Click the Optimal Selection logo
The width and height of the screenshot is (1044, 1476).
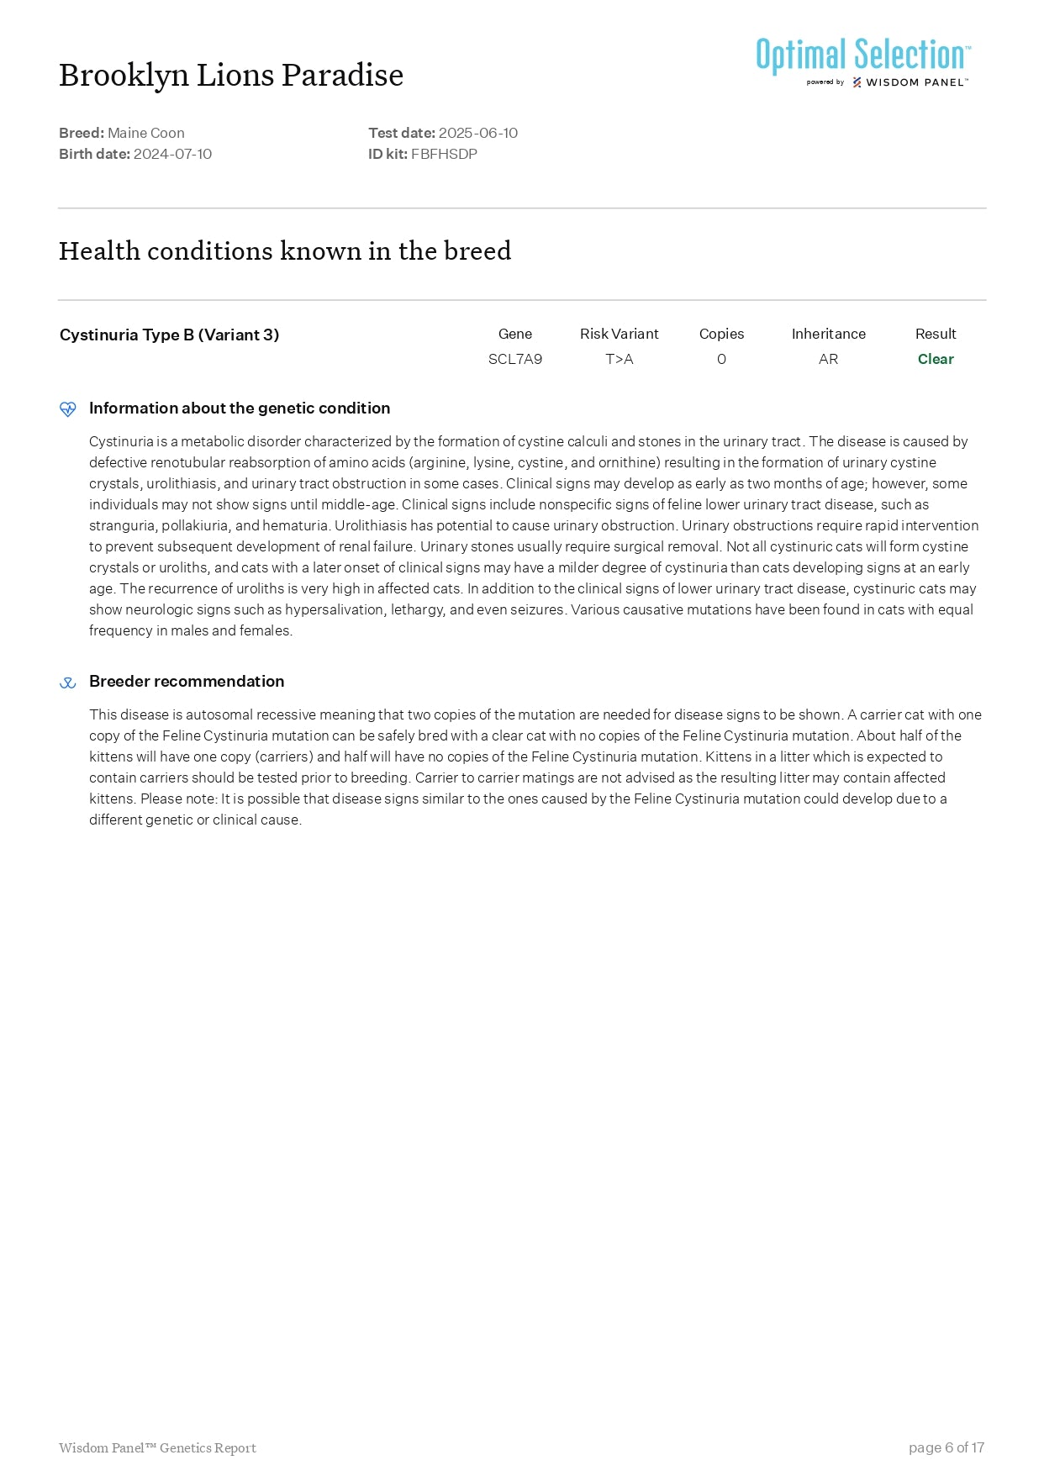coord(862,61)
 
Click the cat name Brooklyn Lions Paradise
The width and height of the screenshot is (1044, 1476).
coord(231,76)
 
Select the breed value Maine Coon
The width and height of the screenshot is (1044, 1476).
coord(146,133)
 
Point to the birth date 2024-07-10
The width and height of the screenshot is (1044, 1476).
coord(172,154)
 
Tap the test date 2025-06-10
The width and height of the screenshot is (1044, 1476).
coord(477,133)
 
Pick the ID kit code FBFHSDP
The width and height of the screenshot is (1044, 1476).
coord(444,154)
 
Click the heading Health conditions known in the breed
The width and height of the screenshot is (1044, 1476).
coord(285,251)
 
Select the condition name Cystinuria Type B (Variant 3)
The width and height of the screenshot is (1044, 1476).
coord(169,335)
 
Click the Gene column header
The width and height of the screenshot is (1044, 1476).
coord(515,334)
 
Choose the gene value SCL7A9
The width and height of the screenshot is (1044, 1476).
coord(515,359)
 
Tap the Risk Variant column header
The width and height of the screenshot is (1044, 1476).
coord(620,334)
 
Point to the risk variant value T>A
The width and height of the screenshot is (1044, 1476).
coord(620,359)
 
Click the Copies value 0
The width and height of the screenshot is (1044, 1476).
coord(721,359)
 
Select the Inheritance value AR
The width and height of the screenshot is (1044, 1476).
coord(828,359)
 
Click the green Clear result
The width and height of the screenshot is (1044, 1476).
coord(936,359)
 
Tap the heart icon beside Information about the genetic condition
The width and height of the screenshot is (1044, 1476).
coord(68,409)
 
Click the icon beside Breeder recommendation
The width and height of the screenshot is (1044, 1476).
coord(68,683)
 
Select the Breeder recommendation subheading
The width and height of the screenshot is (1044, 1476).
coord(187,681)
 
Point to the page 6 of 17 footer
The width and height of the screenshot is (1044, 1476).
coord(946,1447)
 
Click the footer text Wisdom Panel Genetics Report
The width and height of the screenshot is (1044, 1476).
coord(157,1447)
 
